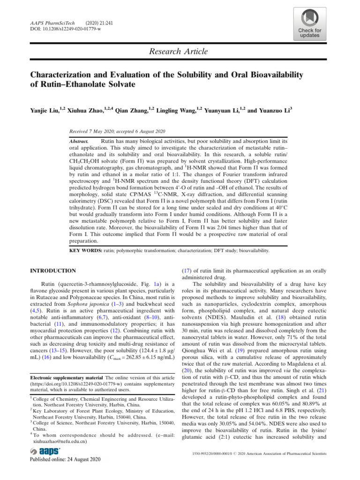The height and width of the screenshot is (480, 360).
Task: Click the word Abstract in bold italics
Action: point(78,141)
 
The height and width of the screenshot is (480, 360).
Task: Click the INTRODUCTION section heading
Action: point(52,270)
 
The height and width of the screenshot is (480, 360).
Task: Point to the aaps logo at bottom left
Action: point(45,451)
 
